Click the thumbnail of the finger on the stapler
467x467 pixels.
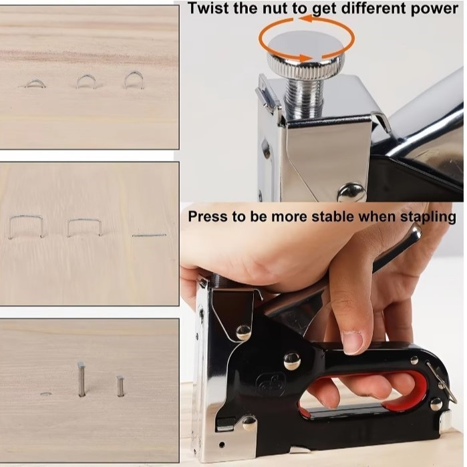pos(353,339)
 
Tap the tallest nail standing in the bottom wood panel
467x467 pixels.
pos(82,379)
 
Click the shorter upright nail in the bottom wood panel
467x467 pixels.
pos(120,386)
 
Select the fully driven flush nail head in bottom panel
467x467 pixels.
pos(45,394)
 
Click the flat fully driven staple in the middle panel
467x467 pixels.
pos(149,235)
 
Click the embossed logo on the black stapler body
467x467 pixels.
pos(271,384)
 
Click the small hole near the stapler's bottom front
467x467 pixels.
pos(222,445)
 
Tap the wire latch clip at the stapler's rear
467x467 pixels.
pos(442,382)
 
